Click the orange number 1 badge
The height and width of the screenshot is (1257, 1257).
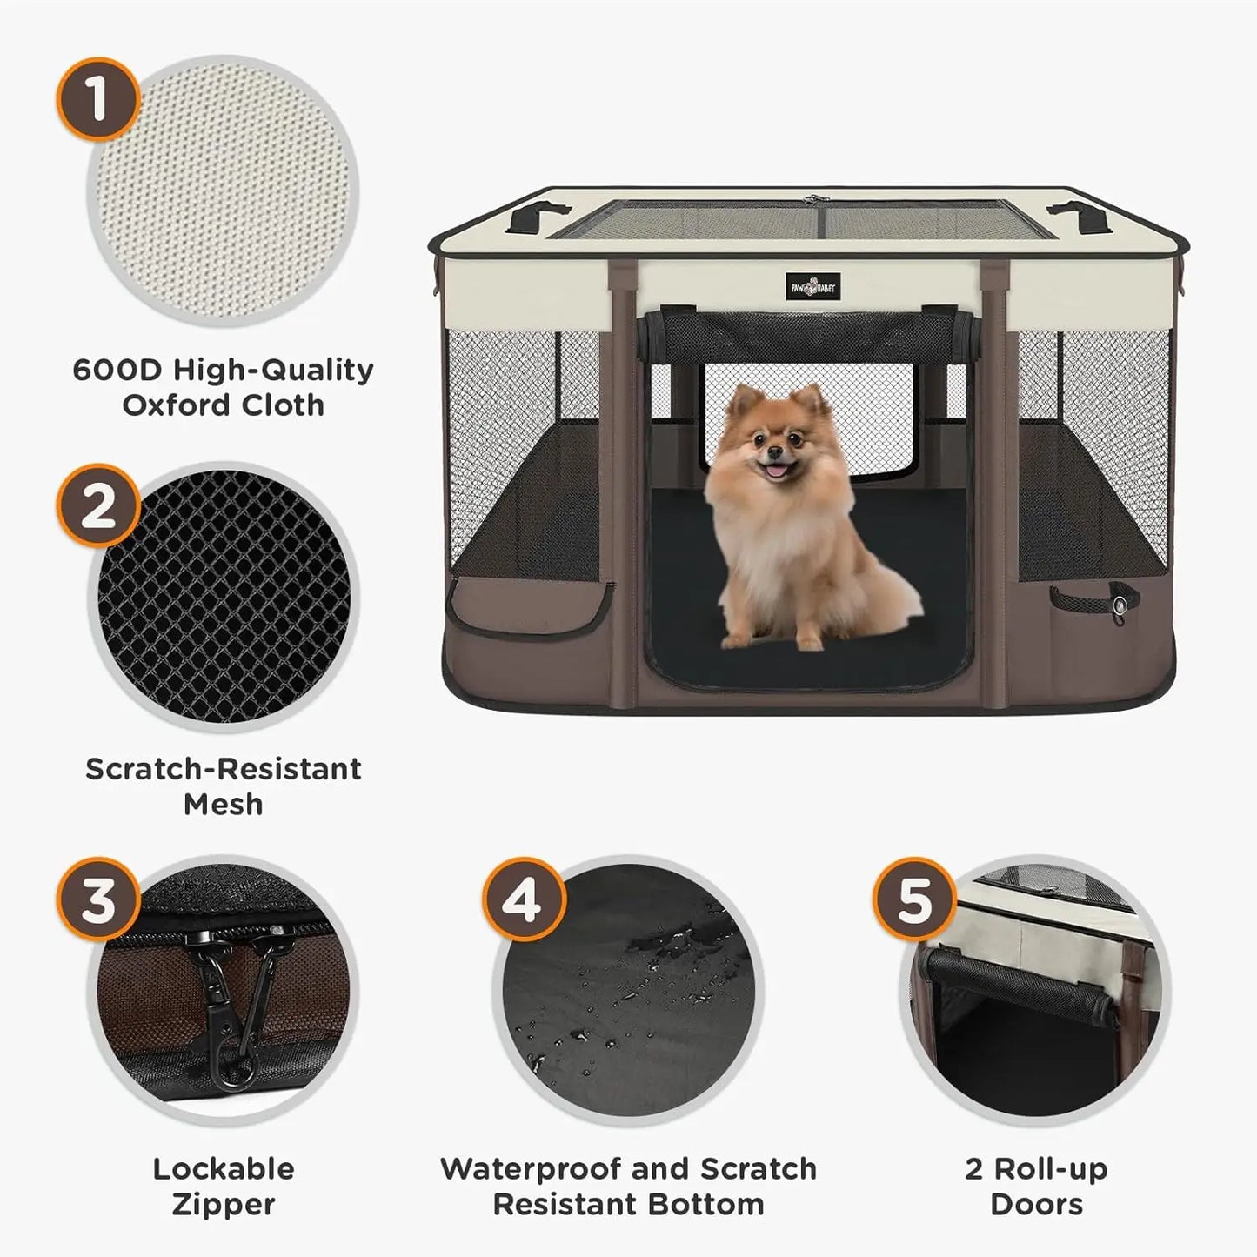coord(97,98)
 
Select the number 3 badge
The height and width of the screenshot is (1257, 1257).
coord(97,899)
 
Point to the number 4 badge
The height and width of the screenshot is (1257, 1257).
coord(523,899)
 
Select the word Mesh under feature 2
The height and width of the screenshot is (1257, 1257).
coord(223,804)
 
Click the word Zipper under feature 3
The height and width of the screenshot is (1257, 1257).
coord(223,1205)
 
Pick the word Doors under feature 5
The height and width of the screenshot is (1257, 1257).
coord(1036,1205)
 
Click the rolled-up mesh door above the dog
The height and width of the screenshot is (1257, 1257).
coord(809,335)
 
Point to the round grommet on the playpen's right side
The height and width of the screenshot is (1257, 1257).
coord(1120,602)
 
